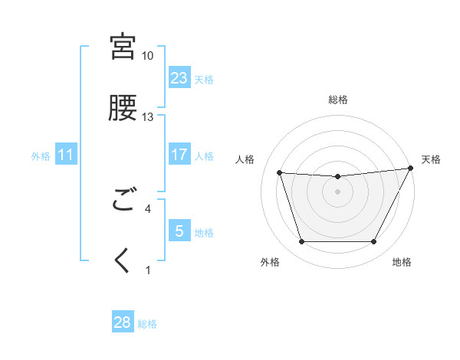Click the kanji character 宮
click(x=123, y=47)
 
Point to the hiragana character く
click(x=123, y=261)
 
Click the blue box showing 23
click(x=179, y=78)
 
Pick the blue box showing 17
click(x=179, y=155)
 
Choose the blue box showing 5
click(x=179, y=231)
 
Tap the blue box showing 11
click(x=66, y=155)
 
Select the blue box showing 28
click(x=123, y=322)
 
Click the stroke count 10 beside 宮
click(x=147, y=56)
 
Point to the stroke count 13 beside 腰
click(x=147, y=117)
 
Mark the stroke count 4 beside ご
click(x=148, y=208)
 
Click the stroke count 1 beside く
click(x=148, y=270)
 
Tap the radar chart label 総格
click(x=338, y=100)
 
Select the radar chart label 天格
click(x=431, y=159)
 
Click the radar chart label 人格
click(x=245, y=159)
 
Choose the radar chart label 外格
click(x=269, y=263)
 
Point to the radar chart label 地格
click(x=402, y=263)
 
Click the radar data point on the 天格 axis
click(x=412, y=169)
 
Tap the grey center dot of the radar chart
click(x=338, y=191)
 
